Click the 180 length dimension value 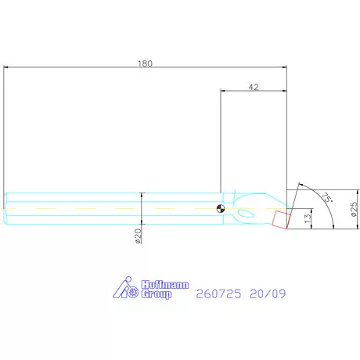[145, 63]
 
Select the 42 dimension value [254, 87]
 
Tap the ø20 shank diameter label [139, 236]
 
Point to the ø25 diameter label [354, 209]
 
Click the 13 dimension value [308, 218]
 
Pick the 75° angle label [327, 197]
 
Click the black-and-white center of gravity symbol [221, 208]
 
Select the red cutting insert [280, 220]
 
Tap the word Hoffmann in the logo [164, 285]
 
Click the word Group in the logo [157, 294]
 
